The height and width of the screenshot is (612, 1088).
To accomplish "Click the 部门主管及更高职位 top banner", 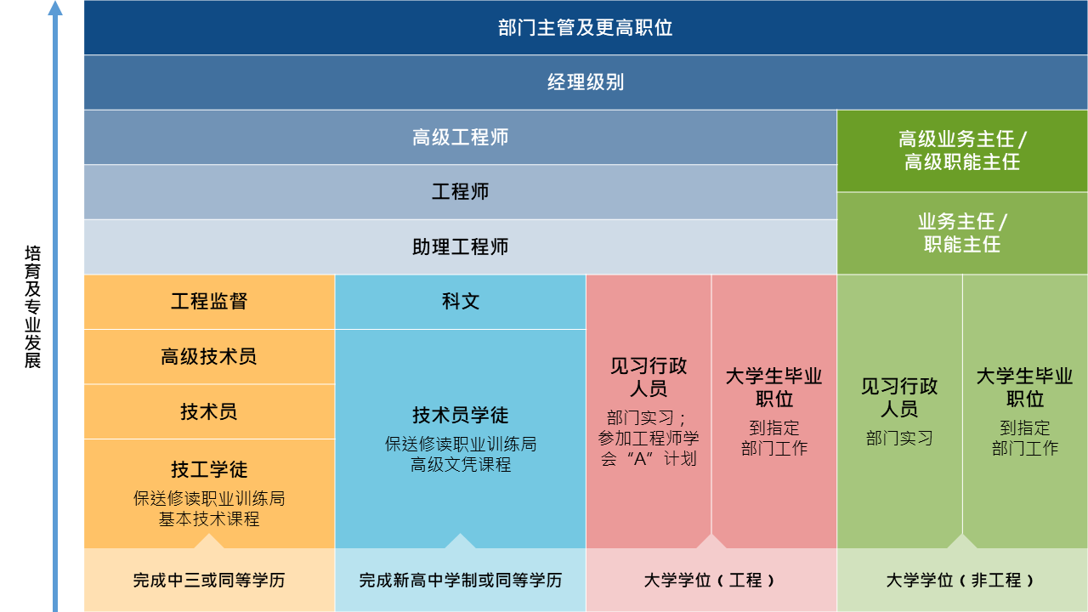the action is click(586, 27).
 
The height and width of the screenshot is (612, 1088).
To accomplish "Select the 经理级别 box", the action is click(586, 82).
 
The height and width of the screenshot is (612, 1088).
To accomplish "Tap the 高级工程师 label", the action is click(461, 138).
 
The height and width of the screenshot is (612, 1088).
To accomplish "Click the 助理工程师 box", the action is click(461, 246).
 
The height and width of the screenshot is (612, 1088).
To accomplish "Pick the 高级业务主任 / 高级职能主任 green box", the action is click(962, 150).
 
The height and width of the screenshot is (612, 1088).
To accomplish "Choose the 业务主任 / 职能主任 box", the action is click(962, 233).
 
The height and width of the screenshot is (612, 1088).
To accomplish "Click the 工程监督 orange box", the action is click(209, 302).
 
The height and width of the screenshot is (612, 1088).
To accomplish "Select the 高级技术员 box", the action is click(209, 356).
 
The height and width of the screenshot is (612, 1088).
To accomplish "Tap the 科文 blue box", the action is click(461, 302).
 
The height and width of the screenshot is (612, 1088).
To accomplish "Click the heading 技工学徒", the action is click(209, 470).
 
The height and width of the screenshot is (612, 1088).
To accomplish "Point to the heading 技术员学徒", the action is click(461, 416).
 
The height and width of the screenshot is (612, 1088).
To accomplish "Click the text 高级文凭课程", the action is click(461, 465).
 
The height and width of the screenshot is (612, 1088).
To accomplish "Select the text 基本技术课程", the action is click(209, 519).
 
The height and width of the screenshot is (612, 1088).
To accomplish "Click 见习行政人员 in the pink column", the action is click(649, 377).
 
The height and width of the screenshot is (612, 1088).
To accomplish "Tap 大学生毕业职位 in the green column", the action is click(1025, 388).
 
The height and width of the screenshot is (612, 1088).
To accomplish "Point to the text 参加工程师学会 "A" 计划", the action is click(649, 448).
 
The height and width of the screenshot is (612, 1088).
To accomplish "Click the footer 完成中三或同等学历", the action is click(209, 580).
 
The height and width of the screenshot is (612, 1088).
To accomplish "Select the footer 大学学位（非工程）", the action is click(960, 580).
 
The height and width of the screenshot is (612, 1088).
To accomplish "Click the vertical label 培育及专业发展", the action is click(32, 307).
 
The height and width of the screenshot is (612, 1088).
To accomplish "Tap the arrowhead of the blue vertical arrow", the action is click(55, 8).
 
